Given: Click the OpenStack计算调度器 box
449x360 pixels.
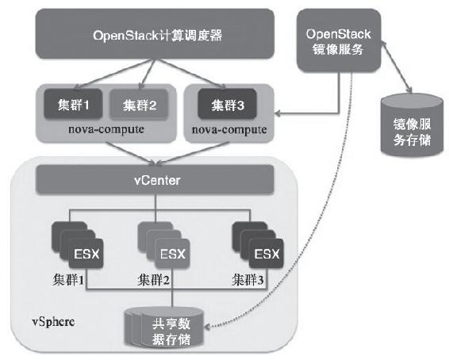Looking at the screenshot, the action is tap(155, 34).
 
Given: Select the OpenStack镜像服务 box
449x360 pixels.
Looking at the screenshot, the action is tap(339, 40).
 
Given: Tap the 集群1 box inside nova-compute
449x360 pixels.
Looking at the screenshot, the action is tap(73, 104).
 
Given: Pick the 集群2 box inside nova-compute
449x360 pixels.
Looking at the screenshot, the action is tap(139, 105).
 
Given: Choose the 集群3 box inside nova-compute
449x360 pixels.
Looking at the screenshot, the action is tap(228, 104).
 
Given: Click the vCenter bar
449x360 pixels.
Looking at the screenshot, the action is tap(155, 180).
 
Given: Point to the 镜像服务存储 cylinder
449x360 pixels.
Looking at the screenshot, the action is tap(412, 125).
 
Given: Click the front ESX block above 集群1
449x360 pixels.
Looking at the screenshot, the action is tap(86, 254).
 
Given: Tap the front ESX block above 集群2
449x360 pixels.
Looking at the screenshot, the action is tap(172, 254).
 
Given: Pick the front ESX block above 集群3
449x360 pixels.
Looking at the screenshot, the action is tap(267, 254).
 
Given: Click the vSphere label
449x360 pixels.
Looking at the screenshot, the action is tap(54, 322).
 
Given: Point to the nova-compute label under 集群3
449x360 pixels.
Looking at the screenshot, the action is tap(229, 129).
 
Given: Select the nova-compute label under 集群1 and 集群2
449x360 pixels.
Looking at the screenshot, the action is tap(106, 129).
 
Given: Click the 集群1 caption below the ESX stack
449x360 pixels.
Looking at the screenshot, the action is tap(68, 280).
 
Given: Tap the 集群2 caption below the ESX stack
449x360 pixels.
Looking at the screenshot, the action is tap(153, 280).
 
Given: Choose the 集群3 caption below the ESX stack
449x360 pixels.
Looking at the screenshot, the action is tap(248, 280).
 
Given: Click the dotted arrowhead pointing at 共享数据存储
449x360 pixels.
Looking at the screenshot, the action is tap(207, 326).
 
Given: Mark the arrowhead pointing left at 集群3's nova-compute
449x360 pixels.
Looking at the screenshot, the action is tap(278, 114).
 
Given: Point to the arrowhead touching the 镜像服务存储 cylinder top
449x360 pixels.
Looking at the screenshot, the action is tap(409, 90).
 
